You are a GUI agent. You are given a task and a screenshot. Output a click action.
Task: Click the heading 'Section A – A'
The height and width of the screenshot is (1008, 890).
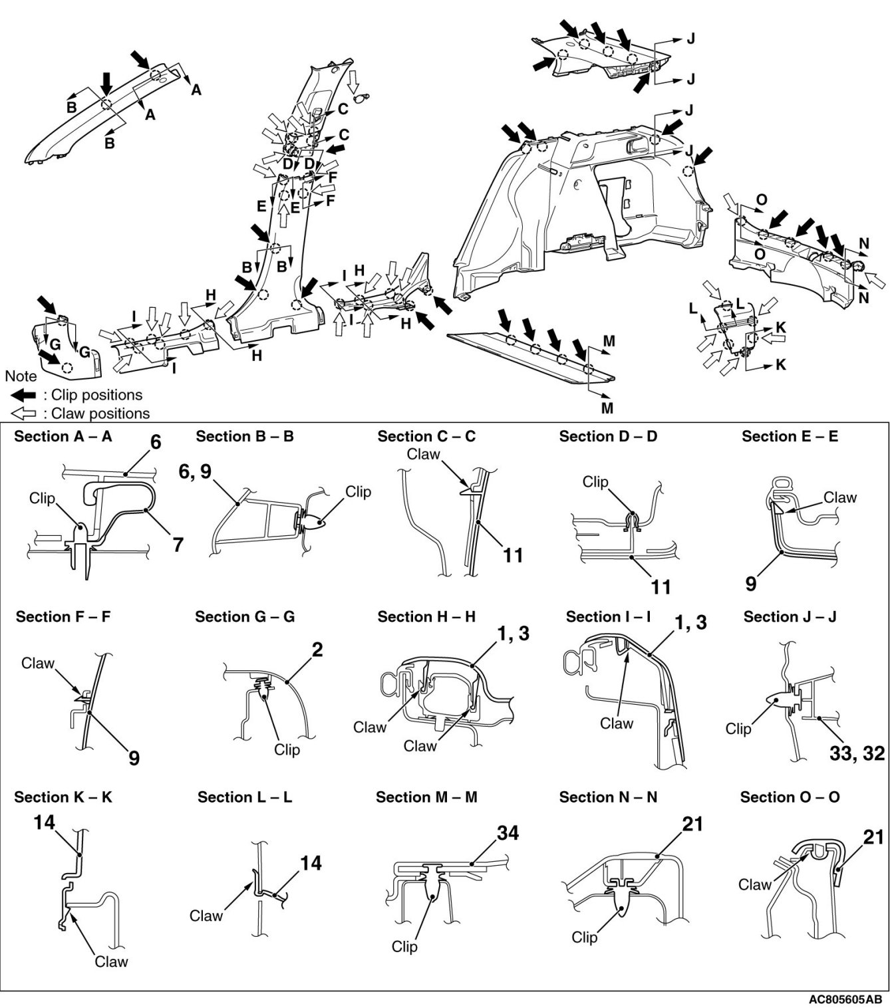(63, 437)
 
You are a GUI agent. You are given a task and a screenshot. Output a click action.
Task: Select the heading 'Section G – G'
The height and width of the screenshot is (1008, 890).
(245, 617)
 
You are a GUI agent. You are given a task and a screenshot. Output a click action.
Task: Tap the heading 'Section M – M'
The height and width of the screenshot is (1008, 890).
(426, 797)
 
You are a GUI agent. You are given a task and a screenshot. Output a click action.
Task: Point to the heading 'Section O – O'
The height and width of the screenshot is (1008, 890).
(790, 797)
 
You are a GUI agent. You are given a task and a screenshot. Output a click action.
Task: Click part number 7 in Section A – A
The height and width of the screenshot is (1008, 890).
(178, 544)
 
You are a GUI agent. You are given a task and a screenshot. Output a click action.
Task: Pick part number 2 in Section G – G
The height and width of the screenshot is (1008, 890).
(317, 649)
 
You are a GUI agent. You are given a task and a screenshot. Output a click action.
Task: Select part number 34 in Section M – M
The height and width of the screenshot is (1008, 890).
(508, 832)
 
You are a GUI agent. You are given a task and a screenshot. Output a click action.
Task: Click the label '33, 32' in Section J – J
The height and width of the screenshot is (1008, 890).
(857, 753)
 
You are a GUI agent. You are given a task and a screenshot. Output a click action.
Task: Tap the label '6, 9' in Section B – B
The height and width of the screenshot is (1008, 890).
(195, 471)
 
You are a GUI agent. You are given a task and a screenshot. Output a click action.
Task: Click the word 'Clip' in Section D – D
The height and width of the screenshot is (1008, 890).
(595, 481)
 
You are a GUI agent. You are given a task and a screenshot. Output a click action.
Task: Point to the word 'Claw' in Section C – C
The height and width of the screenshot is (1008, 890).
(423, 455)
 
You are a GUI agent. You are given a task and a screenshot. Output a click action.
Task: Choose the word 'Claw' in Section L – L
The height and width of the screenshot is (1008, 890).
(206, 916)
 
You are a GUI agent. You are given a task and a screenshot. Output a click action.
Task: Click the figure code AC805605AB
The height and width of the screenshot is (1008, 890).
(845, 999)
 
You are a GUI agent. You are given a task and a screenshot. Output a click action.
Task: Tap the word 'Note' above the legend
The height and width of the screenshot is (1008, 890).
(21, 376)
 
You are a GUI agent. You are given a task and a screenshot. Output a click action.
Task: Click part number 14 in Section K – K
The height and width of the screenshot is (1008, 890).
(44, 822)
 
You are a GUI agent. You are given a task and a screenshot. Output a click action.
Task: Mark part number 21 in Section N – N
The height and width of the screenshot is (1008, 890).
(692, 823)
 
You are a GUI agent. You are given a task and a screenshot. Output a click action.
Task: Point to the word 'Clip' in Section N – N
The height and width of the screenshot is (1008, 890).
(585, 937)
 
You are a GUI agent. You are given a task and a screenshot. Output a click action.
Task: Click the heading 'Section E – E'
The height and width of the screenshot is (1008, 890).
(790, 437)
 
